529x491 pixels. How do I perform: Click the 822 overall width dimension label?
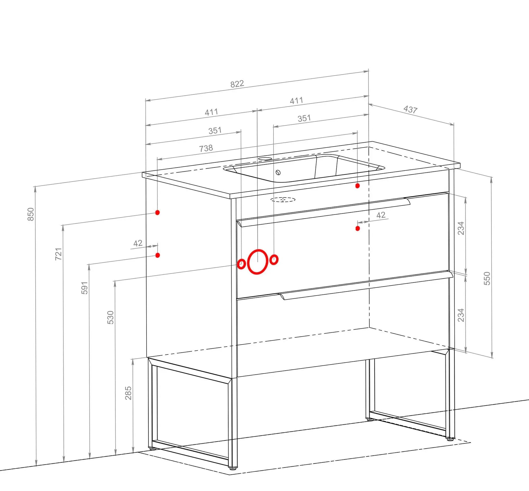pyautogui.click(x=237, y=84)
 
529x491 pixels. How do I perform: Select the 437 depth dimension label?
pyautogui.click(x=410, y=109)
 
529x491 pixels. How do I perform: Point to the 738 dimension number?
pyautogui.click(x=206, y=148)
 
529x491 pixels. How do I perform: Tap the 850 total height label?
pyautogui.click(x=31, y=214)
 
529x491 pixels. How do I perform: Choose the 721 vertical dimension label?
pyautogui.click(x=59, y=254)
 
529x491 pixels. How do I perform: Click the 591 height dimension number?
pyautogui.click(x=85, y=288)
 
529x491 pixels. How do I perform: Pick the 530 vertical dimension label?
pyautogui.click(x=110, y=317)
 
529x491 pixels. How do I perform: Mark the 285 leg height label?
pyautogui.click(x=128, y=393)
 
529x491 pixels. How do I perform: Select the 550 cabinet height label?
pyautogui.click(x=487, y=278)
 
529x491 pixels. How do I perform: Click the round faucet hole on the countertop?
pyautogui.click(x=265, y=159)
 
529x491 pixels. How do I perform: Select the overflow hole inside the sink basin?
pyautogui.click(x=278, y=172)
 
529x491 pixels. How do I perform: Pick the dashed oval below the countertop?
pyautogui.click(x=283, y=200)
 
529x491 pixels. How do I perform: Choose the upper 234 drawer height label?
pyautogui.click(x=461, y=228)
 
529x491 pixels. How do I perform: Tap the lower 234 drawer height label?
pyautogui.click(x=461, y=315)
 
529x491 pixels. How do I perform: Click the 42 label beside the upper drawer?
pyautogui.click(x=381, y=215)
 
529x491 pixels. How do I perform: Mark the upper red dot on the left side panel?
pyautogui.click(x=157, y=212)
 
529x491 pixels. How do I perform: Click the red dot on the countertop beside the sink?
pyautogui.click(x=357, y=186)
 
